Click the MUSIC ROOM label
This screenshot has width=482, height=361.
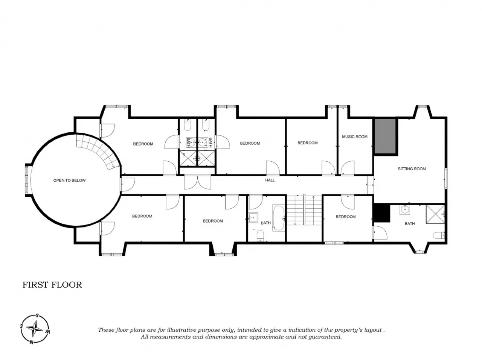coord(354,137)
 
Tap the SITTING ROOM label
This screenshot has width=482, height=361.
coord(412,169)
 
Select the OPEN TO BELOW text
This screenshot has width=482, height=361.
coord(69,180)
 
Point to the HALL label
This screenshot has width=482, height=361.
coord(270,180)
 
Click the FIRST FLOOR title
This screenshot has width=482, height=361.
coord(52,285)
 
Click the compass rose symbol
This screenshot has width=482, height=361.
coord(35,329)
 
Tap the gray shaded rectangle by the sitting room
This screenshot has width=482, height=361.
coord(385,136)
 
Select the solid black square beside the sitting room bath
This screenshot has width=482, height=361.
coord(381,213)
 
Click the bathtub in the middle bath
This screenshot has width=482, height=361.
coord(279,218)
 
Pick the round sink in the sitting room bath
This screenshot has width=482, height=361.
coord(404,210)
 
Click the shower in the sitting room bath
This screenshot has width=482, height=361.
coord(435,214)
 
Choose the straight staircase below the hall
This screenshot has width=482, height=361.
coord(304,210)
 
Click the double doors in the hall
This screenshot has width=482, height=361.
coord(197,182)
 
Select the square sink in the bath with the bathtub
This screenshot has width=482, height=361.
coord(253,218)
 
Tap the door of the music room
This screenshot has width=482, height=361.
coord(347,168)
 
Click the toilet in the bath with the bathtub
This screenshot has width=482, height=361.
coord(261,235)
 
